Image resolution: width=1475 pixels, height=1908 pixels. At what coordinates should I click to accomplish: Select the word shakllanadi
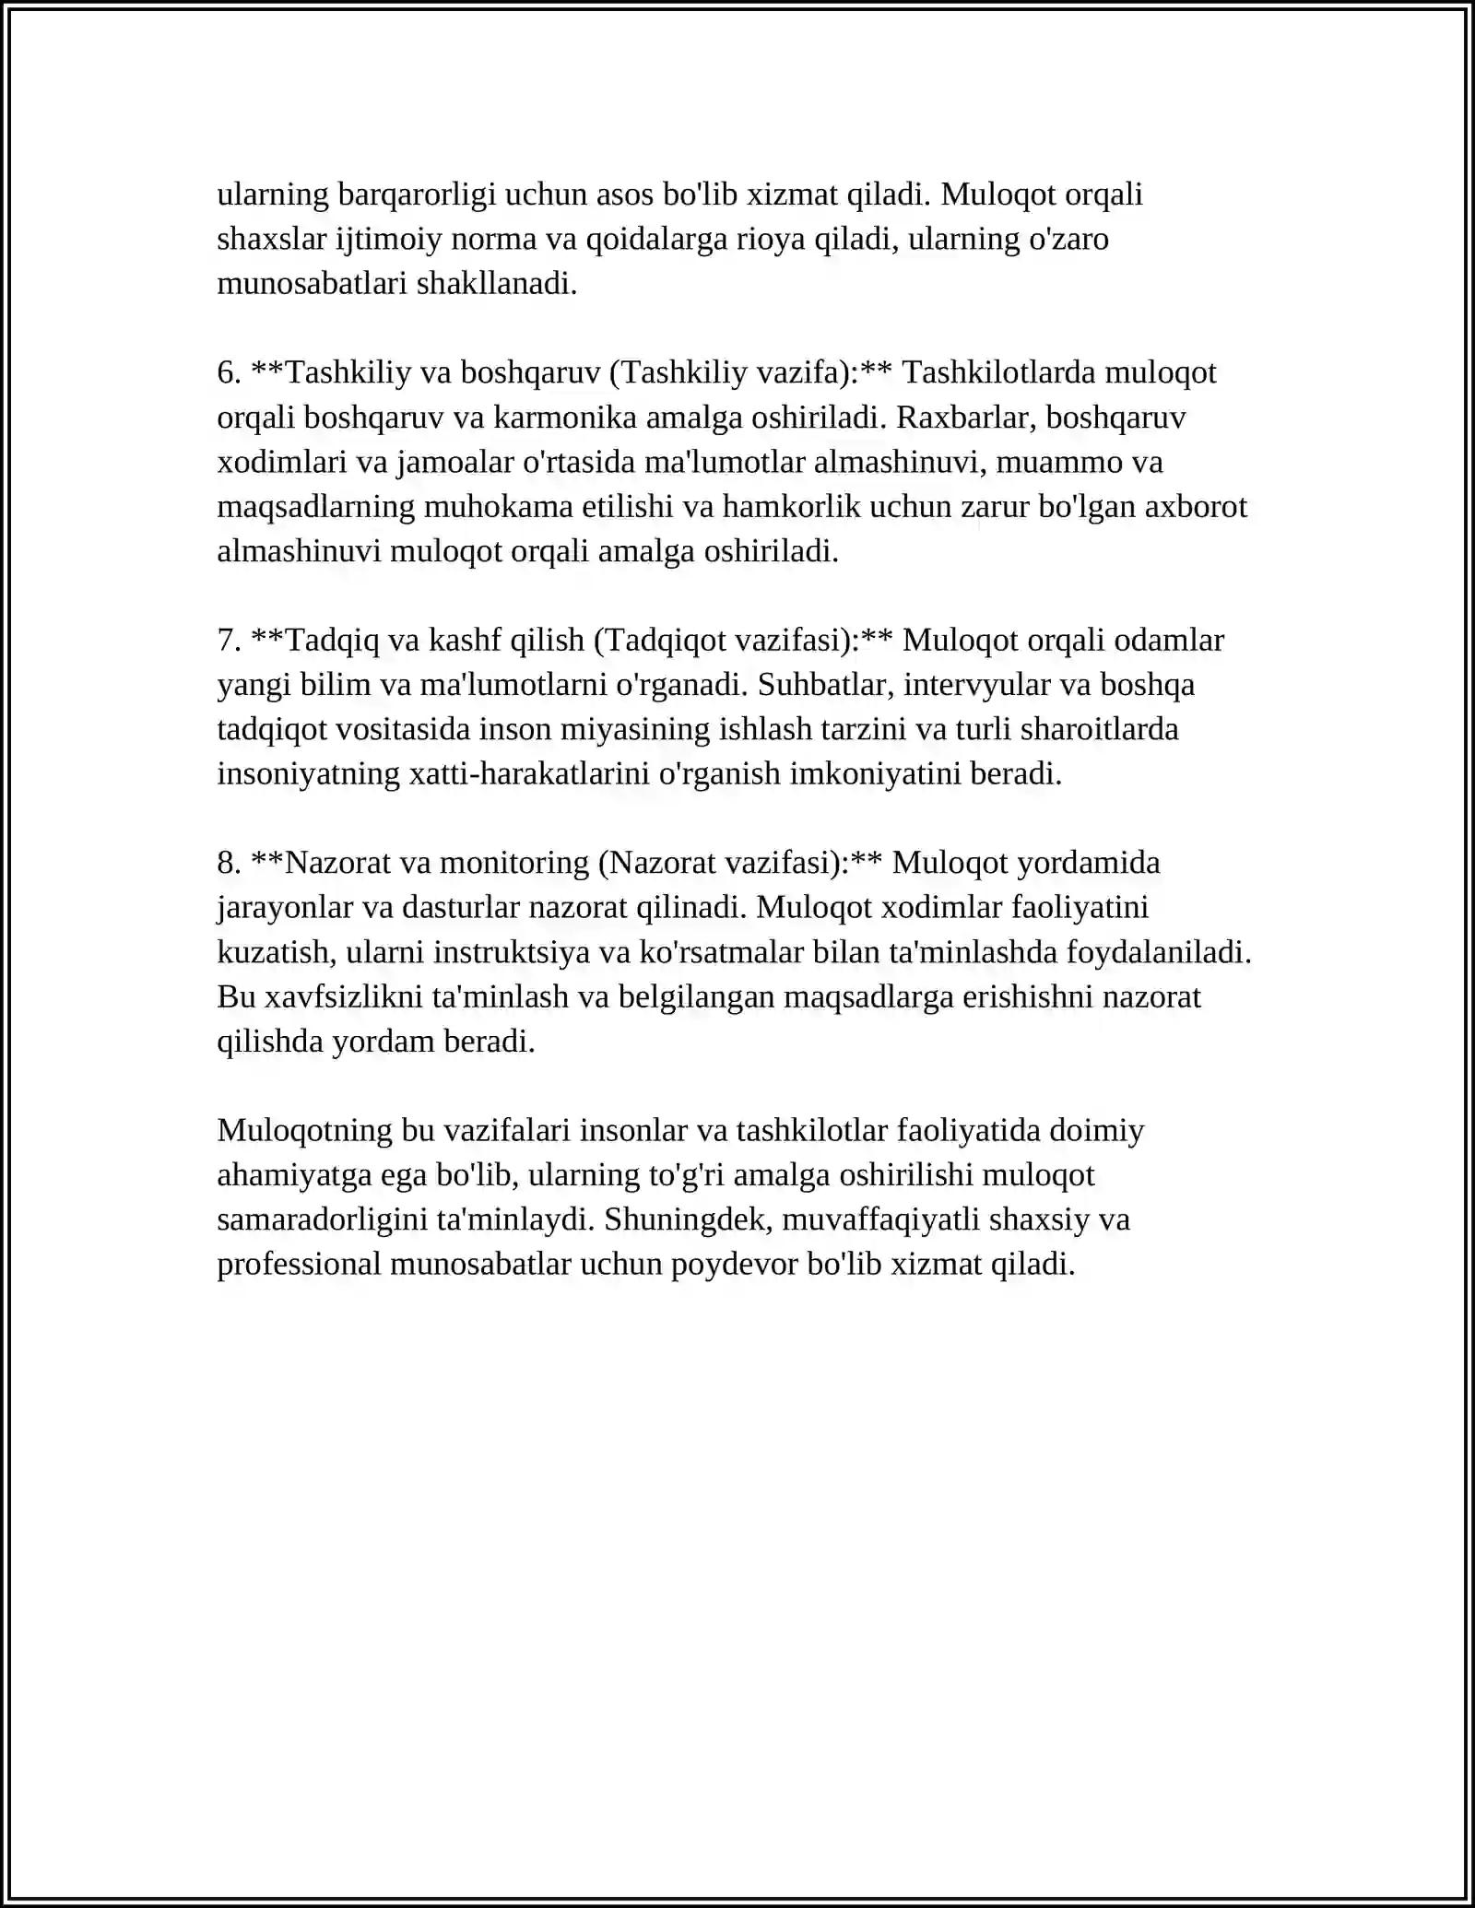[x=497, y=283]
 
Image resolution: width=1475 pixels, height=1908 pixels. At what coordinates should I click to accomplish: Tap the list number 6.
[x=229, y=372]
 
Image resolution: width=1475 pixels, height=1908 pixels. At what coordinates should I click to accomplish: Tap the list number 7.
[x=229, y=640]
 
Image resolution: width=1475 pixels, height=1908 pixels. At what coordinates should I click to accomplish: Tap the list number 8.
[x=229, y=863]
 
